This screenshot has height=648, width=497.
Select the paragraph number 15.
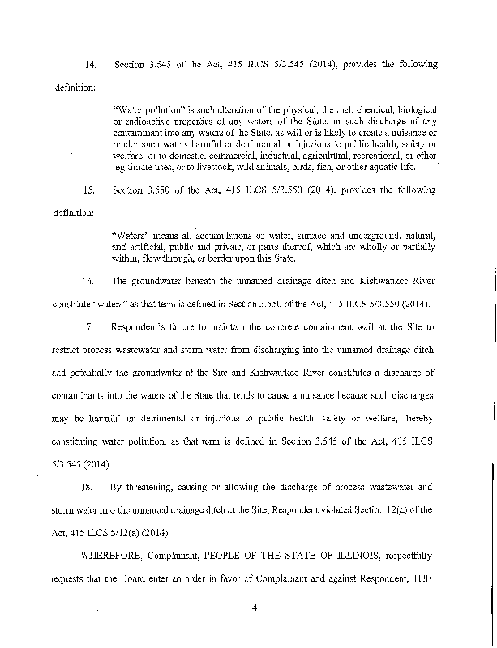[90, 190]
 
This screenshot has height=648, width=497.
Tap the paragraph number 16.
[90, 282]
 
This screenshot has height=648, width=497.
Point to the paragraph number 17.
[90, 326]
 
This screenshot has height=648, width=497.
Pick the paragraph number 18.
[90, 489]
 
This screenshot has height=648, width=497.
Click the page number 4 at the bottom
[254, 623]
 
